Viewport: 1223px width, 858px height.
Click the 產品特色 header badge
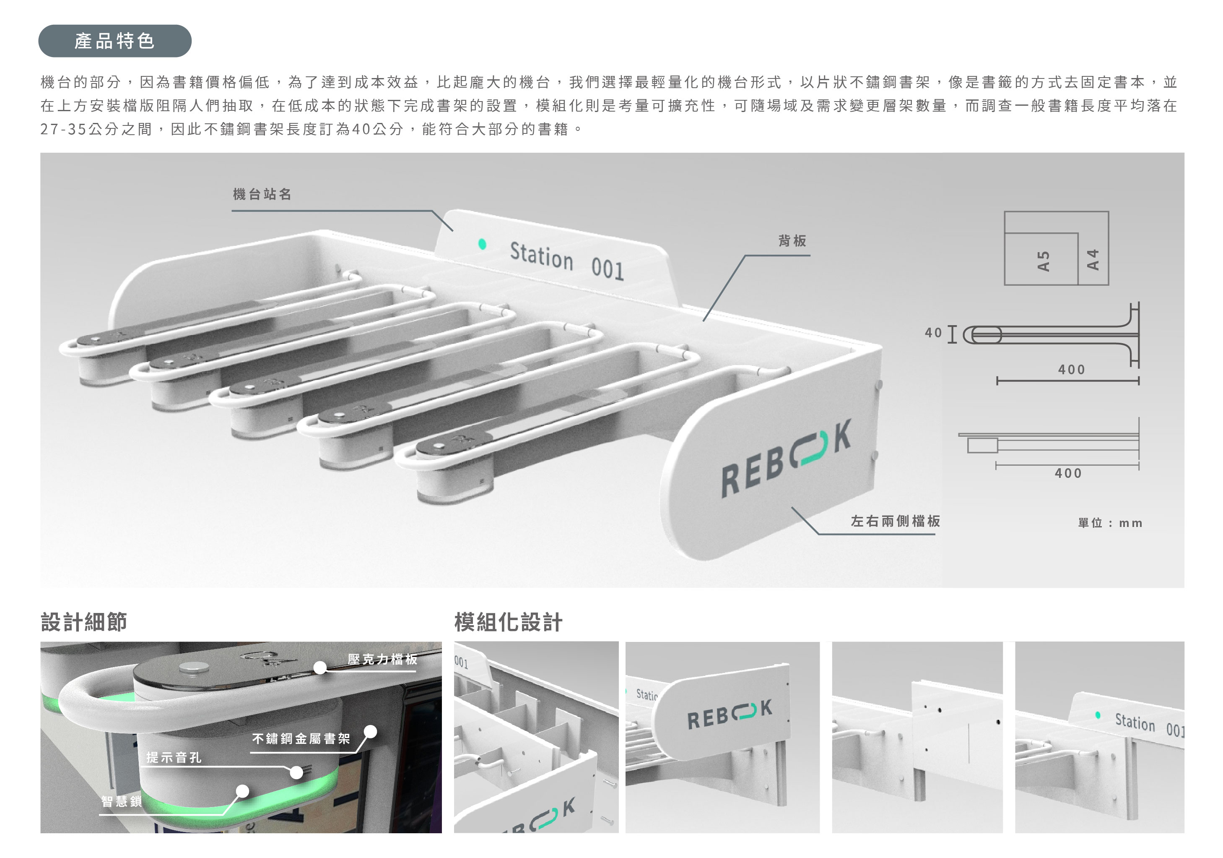tap(114, 41)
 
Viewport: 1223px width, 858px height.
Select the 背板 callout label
tap(792, 241)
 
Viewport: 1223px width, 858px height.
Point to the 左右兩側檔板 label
tap(896, 521)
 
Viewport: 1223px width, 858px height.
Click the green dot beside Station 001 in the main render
tap(482, 244)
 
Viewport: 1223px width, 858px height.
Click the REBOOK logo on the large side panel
tap(786, 458)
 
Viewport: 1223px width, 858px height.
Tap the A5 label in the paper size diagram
tap(1043, 261)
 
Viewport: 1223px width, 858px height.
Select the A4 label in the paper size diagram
tap(1093, 260)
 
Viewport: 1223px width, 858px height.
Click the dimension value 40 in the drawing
tap(933, 333)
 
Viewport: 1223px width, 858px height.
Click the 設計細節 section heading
tap(83, 622)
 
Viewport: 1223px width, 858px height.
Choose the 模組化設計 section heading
tap(508, 622)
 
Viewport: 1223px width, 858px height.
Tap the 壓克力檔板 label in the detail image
tap(382, 659)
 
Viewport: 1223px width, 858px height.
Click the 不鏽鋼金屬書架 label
tap(301, 738)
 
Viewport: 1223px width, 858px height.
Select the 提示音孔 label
tap(174, 757)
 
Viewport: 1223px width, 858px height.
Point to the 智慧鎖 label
tap(122, 801)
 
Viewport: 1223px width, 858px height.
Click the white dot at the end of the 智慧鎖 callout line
tap(242, 791)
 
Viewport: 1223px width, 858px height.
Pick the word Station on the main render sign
tap(541, 256)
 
